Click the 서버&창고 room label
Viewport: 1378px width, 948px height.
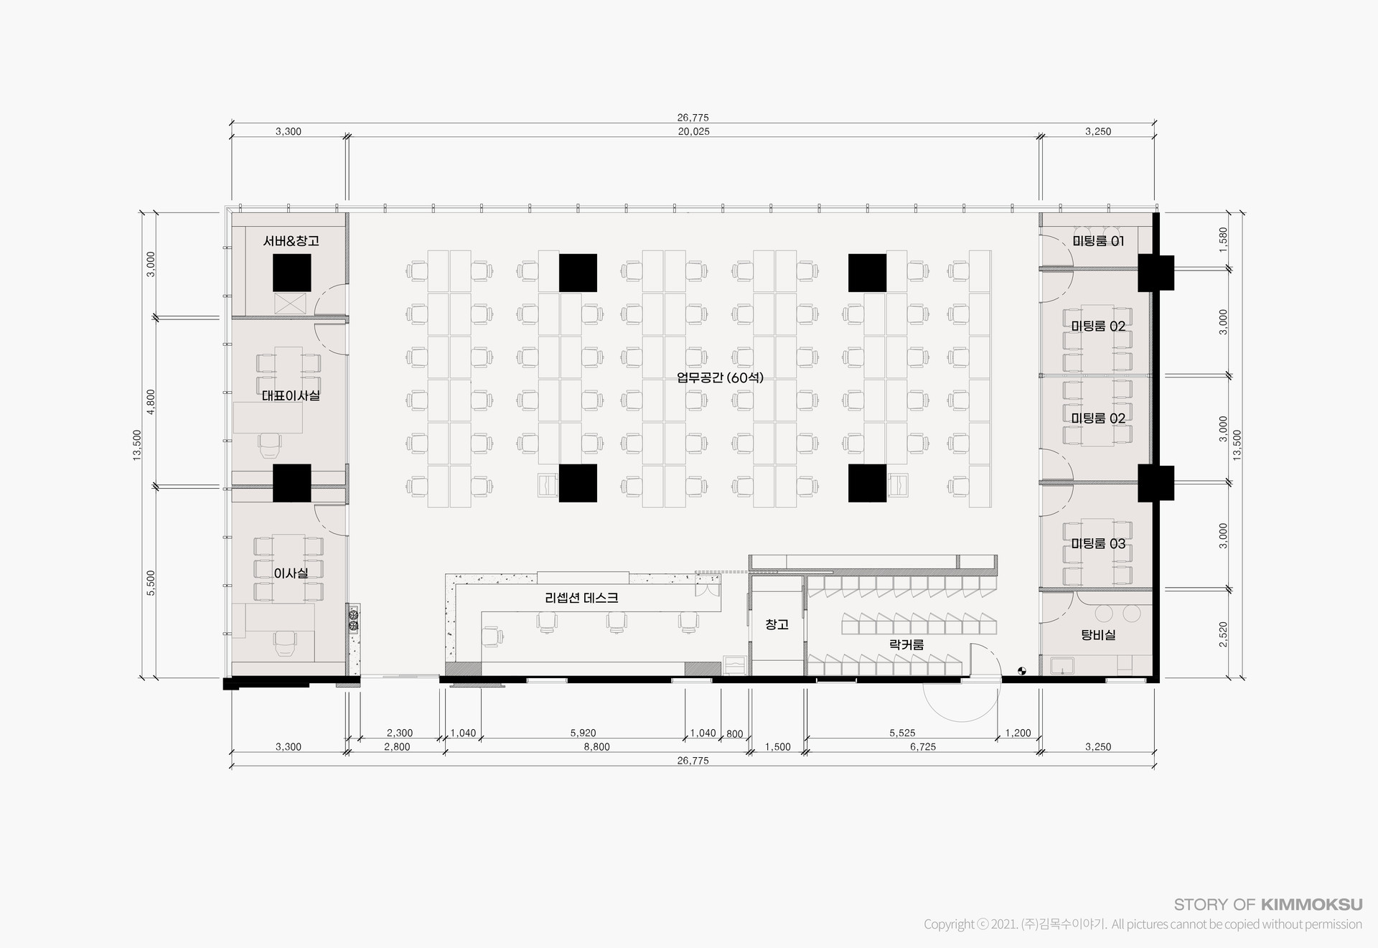point(291,241)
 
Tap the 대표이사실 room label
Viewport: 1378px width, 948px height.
point(291,395)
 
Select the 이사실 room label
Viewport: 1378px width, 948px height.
point(291,573)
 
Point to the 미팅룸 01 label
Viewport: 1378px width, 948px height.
point(1098,241)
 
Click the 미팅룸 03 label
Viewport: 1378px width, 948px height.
point(1098,544)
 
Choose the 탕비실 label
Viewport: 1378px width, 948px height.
point(1098,635)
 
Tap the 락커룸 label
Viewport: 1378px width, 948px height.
point(906,644)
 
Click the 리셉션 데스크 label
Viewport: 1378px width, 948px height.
point(581,598)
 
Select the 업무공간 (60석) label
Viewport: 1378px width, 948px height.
point(720,377)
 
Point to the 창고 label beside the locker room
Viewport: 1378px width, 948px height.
point(777,624)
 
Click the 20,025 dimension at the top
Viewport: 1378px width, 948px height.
point(693,131)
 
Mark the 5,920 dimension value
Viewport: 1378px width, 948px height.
point(583,733)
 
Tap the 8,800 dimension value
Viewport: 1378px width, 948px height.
point(596,747)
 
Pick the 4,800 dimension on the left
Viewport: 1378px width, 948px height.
point(151,402)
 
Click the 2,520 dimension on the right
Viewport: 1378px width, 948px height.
point(1223,634)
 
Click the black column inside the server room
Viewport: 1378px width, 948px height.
point(291,272)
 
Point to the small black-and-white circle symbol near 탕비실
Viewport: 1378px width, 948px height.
point(1022,672)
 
